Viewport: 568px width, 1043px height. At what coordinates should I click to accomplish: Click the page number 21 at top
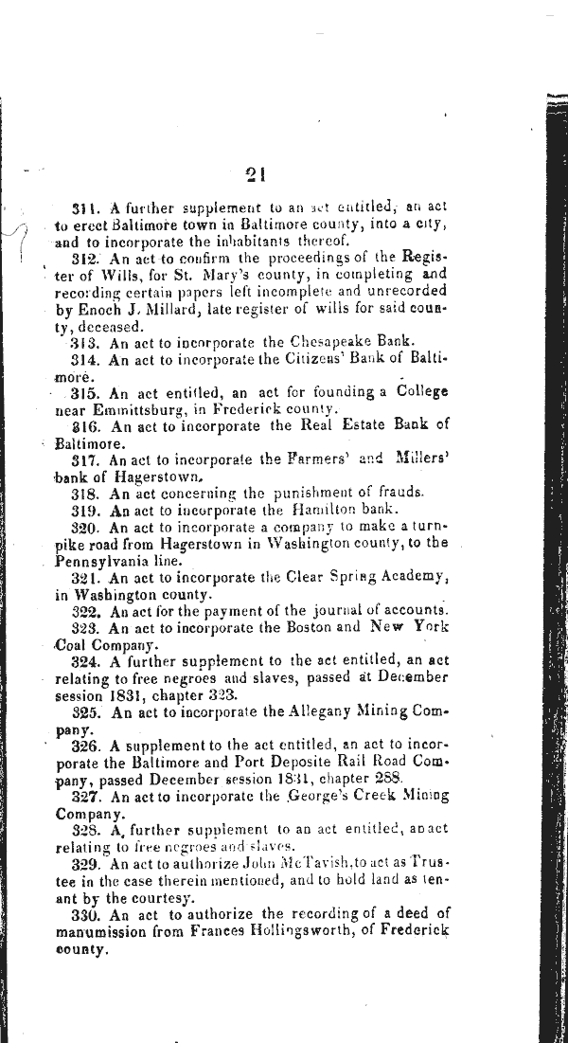click(253, 174)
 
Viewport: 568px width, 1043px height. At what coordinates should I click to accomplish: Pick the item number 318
click(86, 494)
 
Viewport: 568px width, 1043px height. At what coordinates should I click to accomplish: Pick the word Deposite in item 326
click(295, 762)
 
